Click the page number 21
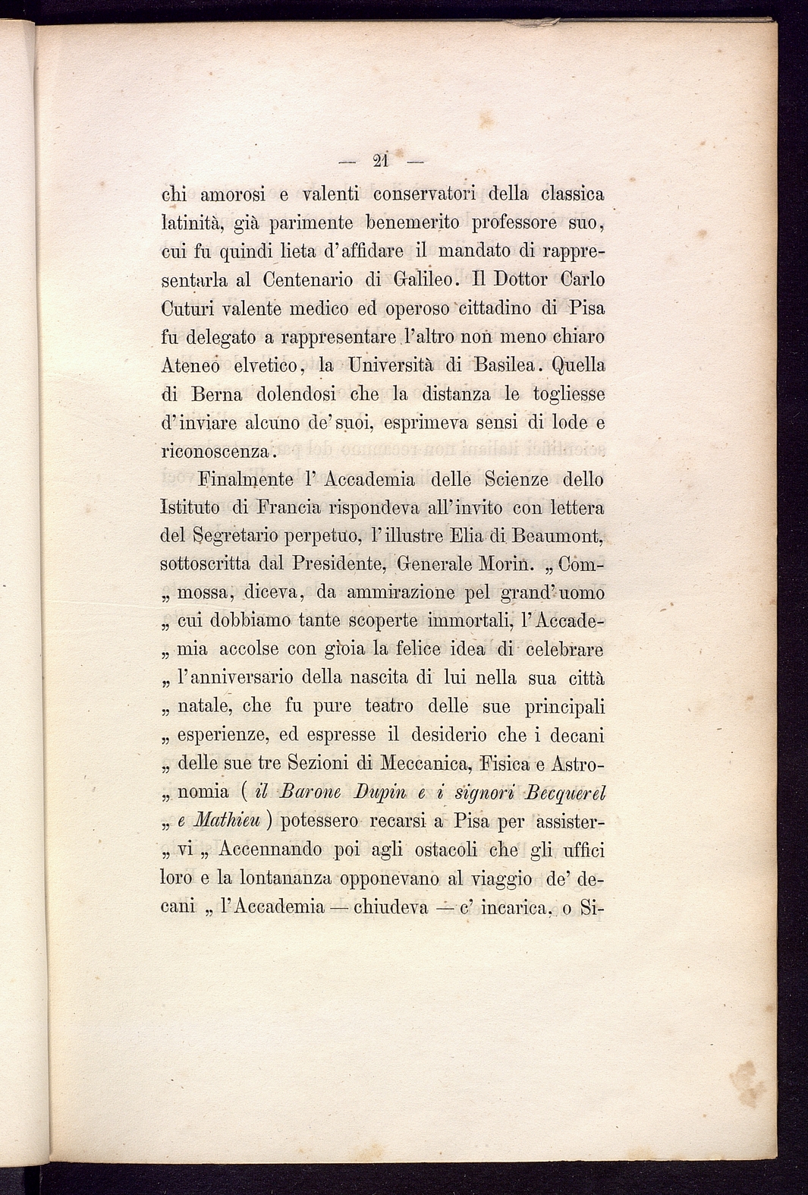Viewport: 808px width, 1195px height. click(381, 161)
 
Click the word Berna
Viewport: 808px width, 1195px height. click(217, 394)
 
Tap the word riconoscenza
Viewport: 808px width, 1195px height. click(215, 452)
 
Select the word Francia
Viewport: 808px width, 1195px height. click(288, 507)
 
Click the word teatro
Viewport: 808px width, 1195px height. click(389, 707)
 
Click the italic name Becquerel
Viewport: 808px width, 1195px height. click(567, 793)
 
